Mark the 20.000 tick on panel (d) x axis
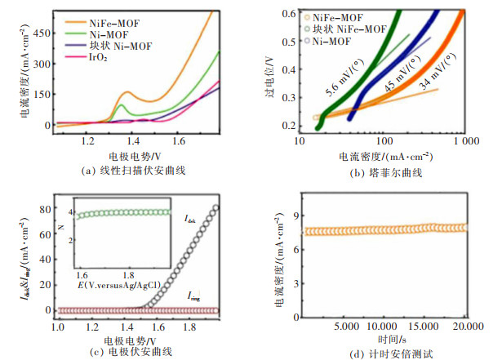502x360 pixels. [463, 327]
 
